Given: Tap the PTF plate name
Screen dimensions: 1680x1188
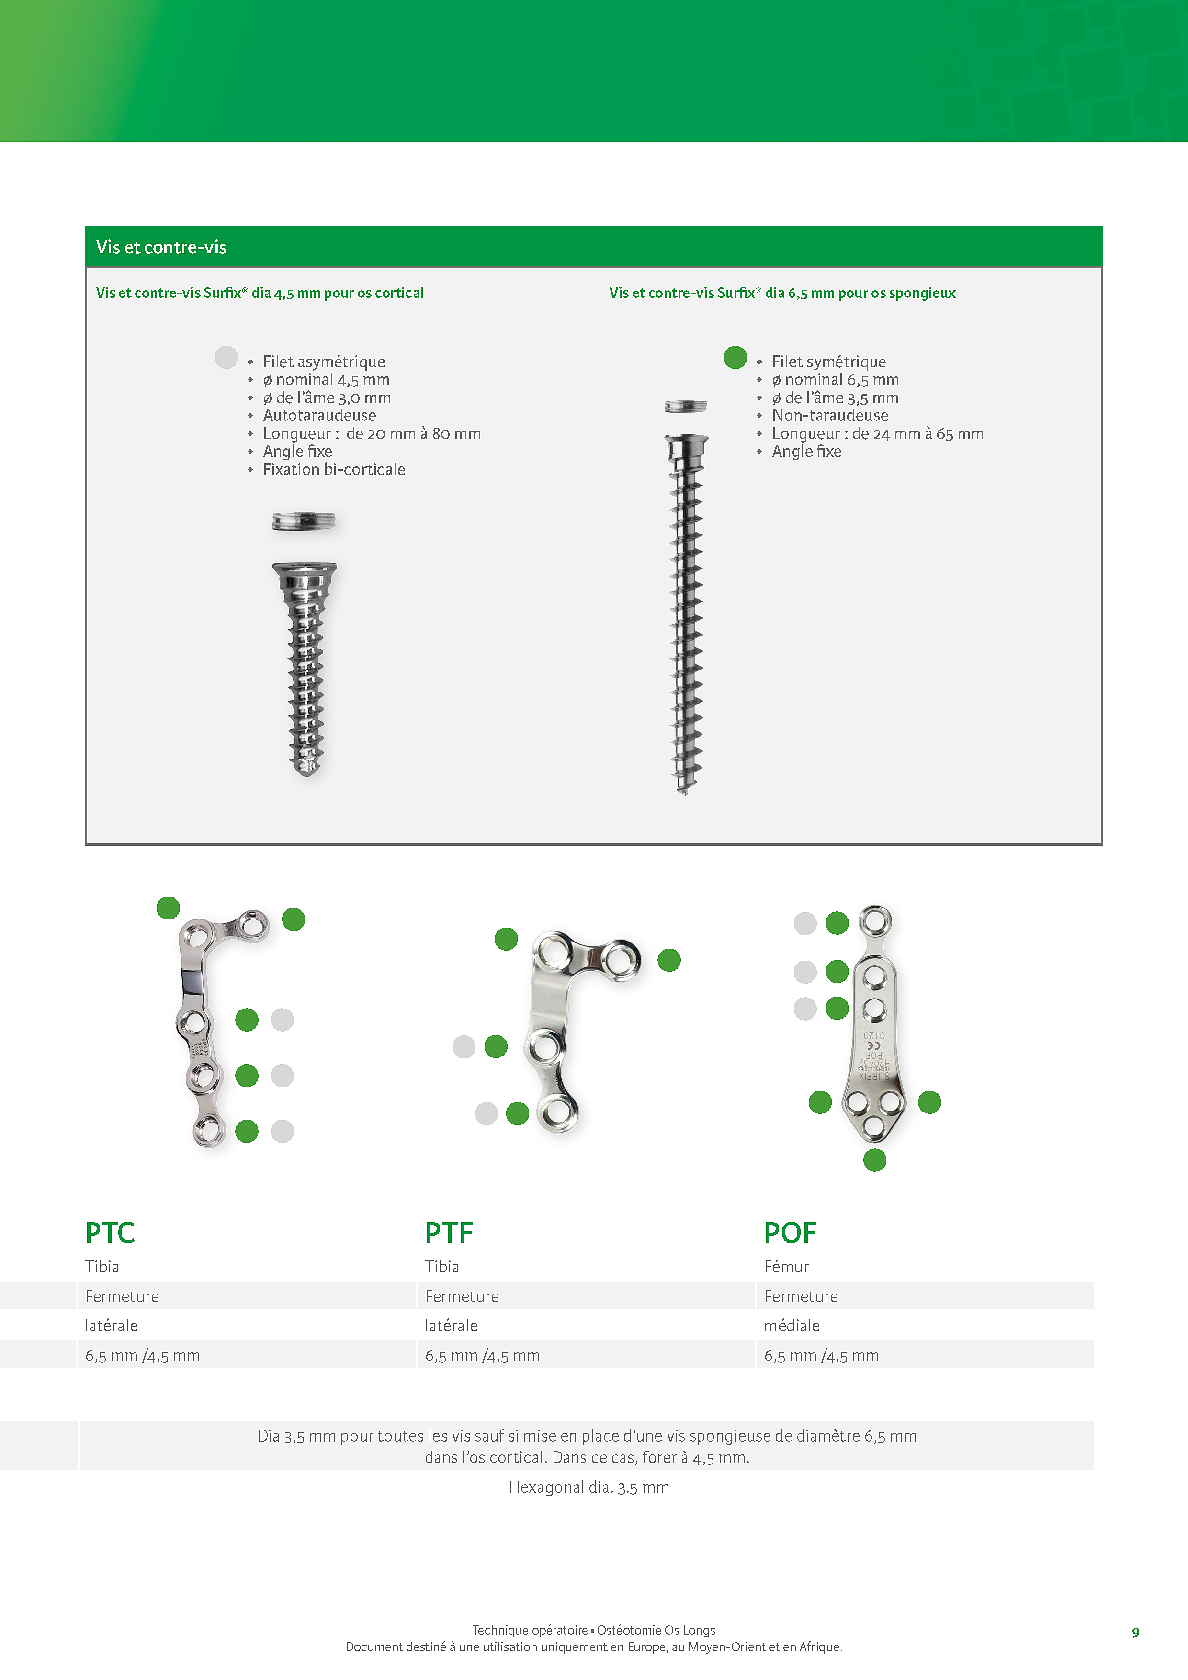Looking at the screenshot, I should (x=449, y=1233).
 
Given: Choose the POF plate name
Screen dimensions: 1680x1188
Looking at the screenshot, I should (x=790, y=1233).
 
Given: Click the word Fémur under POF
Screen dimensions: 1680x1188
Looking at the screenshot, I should (x=786, y=1267).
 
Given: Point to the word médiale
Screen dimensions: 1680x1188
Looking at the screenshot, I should (x=792, y=1326).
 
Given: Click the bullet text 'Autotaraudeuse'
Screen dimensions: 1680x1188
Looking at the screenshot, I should (x=320, y=416).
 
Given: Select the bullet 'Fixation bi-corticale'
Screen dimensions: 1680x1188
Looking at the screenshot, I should (x=334, y=470).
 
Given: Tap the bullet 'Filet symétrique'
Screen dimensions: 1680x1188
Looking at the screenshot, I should (x=829, y=362).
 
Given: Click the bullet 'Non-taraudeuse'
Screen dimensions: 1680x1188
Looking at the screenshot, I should (x=830, y=416).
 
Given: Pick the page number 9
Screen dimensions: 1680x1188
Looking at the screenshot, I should (x=1135, y=1633).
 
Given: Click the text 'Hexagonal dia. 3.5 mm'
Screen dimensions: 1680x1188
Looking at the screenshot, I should (x=589, y=1487).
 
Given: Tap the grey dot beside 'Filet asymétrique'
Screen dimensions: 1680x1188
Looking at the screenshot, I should (x=226, y=357).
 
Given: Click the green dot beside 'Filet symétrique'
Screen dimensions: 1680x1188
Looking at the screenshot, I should (x=735, y=357).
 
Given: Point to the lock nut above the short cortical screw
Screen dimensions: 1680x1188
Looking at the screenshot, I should (x=304, y=521).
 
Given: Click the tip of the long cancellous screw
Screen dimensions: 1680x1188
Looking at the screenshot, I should (x=685, y=791).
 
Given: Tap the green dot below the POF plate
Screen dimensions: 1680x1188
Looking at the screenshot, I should (x=875, y=1160).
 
